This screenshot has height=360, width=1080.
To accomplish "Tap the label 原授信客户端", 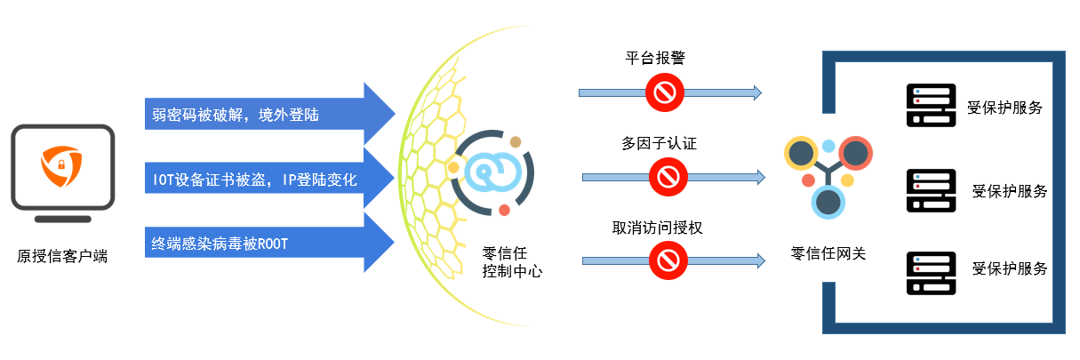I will [62, 256].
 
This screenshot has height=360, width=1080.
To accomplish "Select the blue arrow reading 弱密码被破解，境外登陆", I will [267, 114].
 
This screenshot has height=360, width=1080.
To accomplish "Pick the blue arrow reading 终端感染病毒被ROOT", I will [267, 243].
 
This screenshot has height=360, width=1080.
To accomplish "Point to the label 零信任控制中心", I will [512, 261].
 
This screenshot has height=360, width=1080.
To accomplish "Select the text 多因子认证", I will [659, 142].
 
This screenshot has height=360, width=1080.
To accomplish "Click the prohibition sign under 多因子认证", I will [667, 176].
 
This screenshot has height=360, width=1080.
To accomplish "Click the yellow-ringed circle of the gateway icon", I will [801, 154].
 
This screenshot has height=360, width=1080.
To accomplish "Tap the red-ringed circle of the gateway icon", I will [855, 154].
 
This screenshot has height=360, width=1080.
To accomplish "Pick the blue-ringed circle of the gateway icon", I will [828, 202].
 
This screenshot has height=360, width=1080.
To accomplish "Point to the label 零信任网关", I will [828, 253].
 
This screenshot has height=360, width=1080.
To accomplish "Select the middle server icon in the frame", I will [931, 190].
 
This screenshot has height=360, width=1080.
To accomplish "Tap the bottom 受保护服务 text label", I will [1009, 268].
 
